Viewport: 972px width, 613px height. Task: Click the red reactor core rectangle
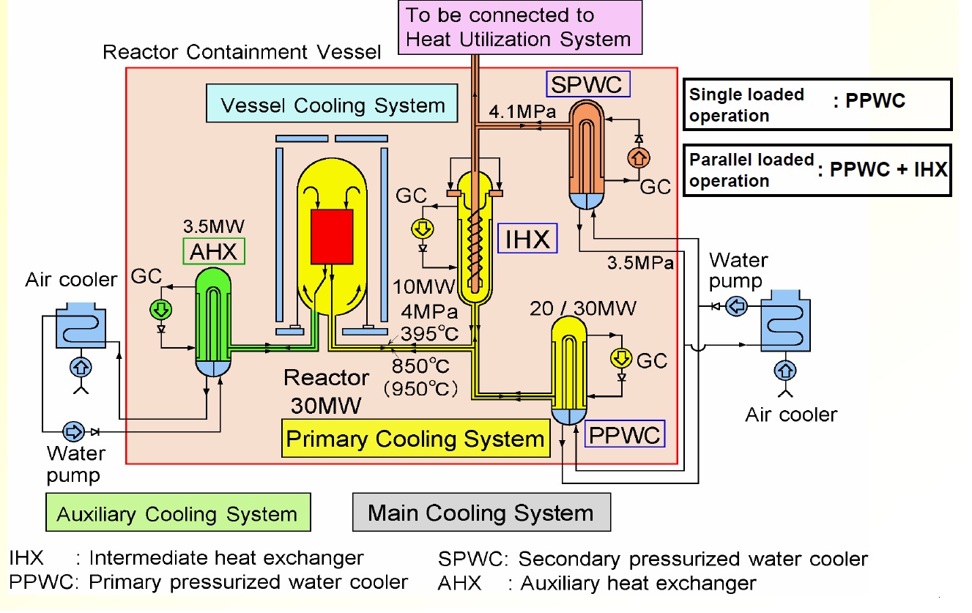click(x=332, y=237)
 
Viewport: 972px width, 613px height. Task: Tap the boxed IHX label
click(x=527, y=239)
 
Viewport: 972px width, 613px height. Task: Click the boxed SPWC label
click(x=587, y=85)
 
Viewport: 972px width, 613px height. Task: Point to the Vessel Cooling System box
click(x=333, y=105)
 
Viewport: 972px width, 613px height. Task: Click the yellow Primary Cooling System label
click(x=415, y=439)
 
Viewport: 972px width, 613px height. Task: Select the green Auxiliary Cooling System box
click(x=177, y=513)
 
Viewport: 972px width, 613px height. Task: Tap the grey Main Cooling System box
click(x=481, y=512)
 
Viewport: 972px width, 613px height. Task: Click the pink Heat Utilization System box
click(x=520, y=27)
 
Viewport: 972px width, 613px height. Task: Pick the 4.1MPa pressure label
click(x=522, y=112)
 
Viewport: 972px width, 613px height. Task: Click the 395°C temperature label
click(x=429, y=334)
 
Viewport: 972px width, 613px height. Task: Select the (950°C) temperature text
click(x=421, y=387)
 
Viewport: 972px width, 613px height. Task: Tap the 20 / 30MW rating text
click(x=582, y=308)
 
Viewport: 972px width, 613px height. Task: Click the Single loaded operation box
click(x=817, y=104)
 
